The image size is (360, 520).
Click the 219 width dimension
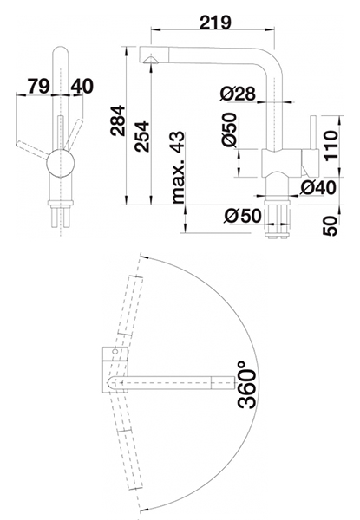215,23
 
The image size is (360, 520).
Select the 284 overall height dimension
118,120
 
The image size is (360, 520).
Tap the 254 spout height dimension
141,137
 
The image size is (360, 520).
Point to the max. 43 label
178,167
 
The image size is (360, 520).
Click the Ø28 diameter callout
238,94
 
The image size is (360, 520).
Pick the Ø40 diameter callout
317,188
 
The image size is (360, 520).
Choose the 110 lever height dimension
331,145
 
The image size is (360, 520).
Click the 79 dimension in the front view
39,86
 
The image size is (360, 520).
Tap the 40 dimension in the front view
82,86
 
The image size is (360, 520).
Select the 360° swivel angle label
247,384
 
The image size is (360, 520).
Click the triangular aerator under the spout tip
151,59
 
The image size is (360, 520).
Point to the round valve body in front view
61,163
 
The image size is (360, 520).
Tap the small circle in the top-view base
115,352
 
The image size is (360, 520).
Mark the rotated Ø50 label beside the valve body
230,129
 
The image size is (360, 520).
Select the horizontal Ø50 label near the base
243,216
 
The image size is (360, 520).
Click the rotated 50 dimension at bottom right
330,226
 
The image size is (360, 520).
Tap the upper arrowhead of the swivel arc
144,256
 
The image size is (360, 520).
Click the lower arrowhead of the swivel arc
144,510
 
